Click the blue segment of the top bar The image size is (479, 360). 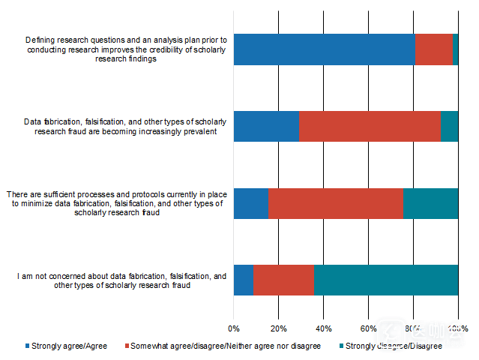coord(324,49)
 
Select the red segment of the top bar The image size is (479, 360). coord(433,49)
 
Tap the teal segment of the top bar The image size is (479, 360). coord(455,49)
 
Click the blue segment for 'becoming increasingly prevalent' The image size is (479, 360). coord(266,126)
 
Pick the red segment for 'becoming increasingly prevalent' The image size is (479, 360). coord(370,126)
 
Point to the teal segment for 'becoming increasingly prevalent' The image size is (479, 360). coord(449,126)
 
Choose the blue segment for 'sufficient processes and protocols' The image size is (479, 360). coord(250,203)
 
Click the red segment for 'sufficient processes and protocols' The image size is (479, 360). coord(335,203)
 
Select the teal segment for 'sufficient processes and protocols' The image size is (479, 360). coord(430,203)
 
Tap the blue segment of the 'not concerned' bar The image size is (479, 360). coord(244,280)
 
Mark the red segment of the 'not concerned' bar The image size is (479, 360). coord(283,280)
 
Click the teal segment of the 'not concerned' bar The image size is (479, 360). coord(386,280)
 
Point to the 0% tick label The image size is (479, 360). coord(234,328)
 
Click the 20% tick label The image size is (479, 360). coord(278,328)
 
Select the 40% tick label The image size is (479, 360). coord(323,328)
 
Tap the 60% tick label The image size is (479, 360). coord(368,328)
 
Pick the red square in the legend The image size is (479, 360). coord(125,346)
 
